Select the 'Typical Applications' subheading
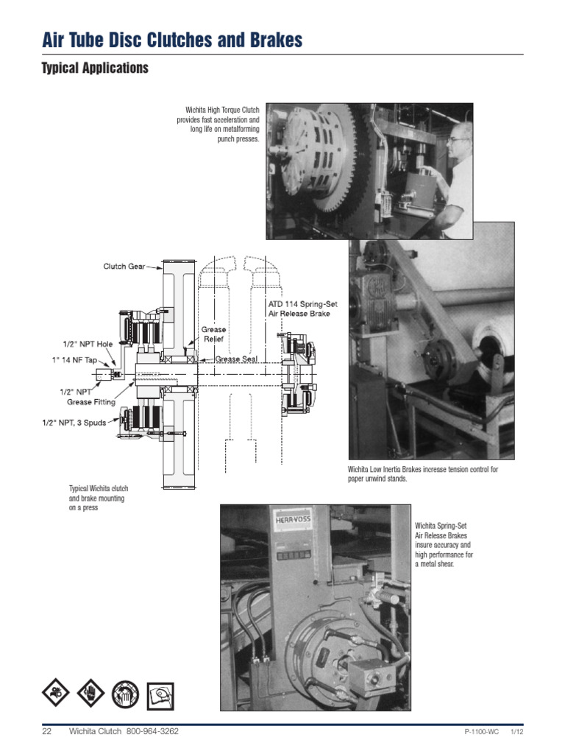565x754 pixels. [95, 68]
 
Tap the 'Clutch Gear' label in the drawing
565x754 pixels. [124, 267]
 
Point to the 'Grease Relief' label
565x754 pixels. [214, 335]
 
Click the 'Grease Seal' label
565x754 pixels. [237, 359]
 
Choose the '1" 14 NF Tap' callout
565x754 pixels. [79, 359]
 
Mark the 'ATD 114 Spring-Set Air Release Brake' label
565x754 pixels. [299, 308]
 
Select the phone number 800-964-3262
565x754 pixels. [152, 731]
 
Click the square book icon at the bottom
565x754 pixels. [160, 694]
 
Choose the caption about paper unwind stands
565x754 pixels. [422, 473]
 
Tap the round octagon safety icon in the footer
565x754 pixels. [125, 694]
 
